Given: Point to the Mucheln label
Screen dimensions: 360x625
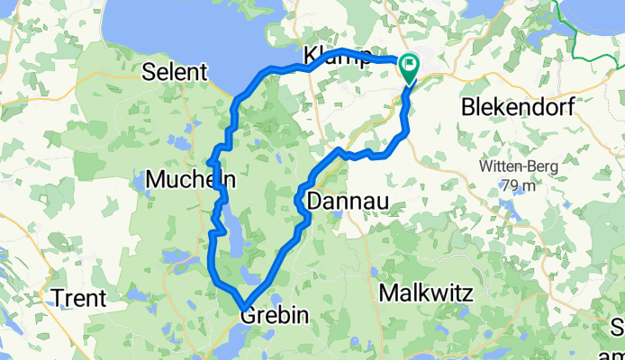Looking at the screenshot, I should point(190,179).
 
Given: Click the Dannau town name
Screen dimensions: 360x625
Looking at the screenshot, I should point(348,202).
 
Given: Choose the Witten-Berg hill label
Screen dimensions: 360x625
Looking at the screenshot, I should point(519,166).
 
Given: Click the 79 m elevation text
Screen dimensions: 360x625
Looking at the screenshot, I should point(519,184).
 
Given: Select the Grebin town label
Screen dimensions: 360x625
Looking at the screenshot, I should point(274,316).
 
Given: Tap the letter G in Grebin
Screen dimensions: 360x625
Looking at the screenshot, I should point(247,316).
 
